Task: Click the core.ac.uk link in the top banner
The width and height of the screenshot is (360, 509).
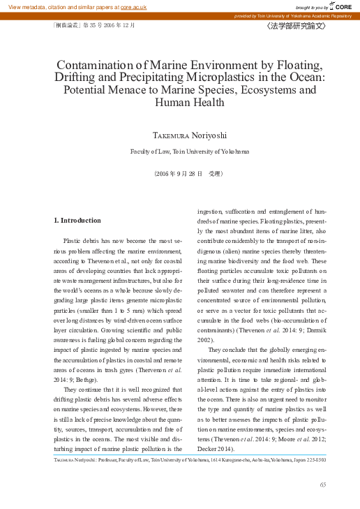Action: point(133,6)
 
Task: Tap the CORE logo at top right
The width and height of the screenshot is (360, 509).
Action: point(343,6)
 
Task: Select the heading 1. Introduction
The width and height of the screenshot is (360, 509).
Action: point(77,220)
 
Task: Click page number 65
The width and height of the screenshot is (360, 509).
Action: point(322,485)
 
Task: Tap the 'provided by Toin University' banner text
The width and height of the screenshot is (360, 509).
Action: point(293,15)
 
